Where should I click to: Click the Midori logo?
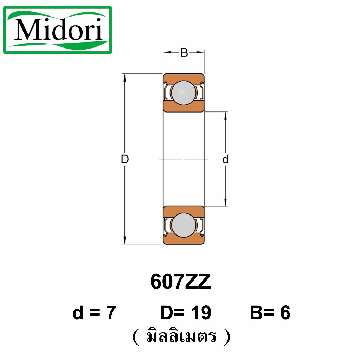tap(58, 30)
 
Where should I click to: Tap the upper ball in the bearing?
tap(184, 93)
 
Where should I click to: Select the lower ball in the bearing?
tap(184, 225)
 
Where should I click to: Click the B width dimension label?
tap(184, 53)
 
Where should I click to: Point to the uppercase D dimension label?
tap(125, 159)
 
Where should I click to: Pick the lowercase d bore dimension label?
tap(225, 159)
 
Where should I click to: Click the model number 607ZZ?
tap(180, 282)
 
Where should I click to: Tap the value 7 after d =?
tap(111, 313)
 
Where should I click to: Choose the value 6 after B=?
tap(285, 313)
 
